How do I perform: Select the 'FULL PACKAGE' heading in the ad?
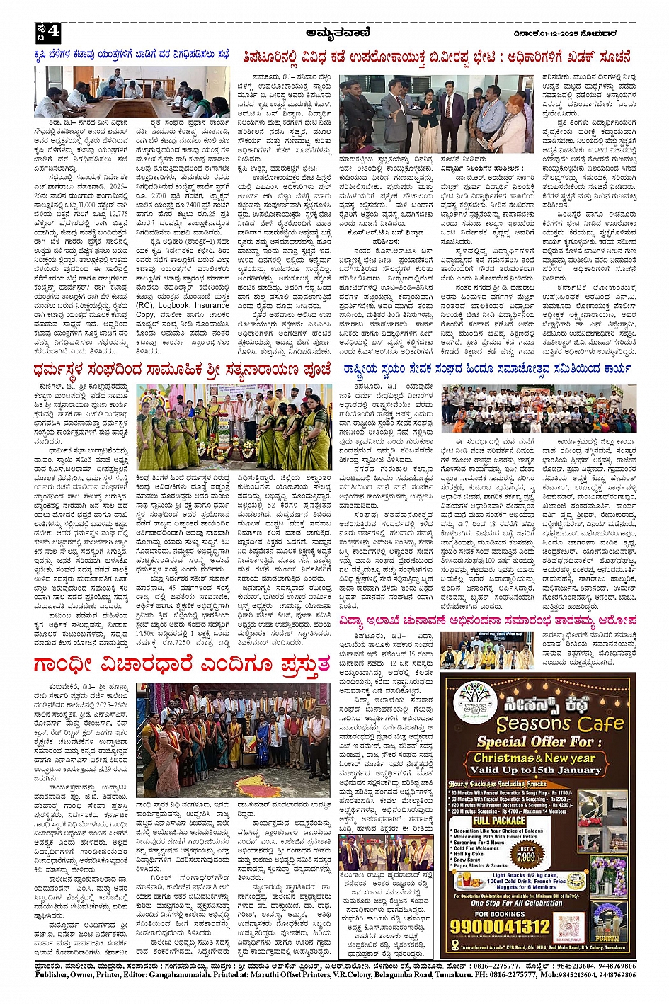[499, 821]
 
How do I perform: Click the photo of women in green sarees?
[234, 427]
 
